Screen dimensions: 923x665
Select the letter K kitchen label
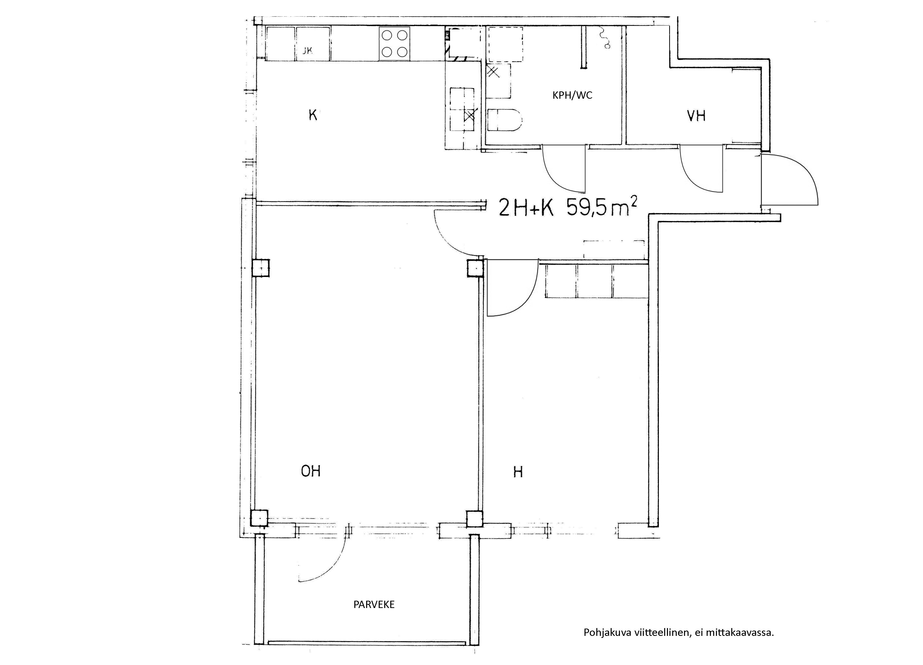[313, 115]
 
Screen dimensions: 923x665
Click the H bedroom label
[518, 472]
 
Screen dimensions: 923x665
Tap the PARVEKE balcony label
[374, 604]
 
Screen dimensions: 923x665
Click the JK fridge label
[308, 51]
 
